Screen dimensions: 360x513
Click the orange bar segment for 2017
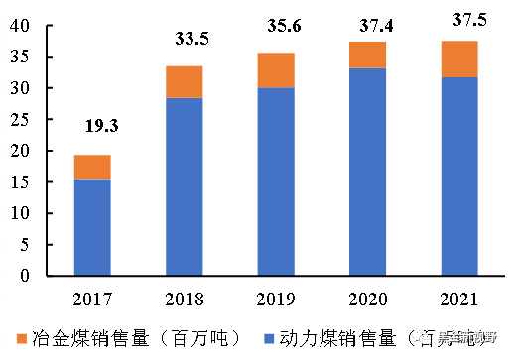click(x=92, y=167)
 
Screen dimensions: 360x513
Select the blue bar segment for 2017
click(x=92, y=227)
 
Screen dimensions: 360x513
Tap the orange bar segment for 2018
click(x=184, y=82)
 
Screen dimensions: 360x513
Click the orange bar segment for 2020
click(x=367, y=55)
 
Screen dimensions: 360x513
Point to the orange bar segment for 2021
click(x=459, y=59)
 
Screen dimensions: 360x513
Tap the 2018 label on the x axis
click(x=184, y=298)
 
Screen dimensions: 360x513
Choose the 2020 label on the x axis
click(x=367, y=298)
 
